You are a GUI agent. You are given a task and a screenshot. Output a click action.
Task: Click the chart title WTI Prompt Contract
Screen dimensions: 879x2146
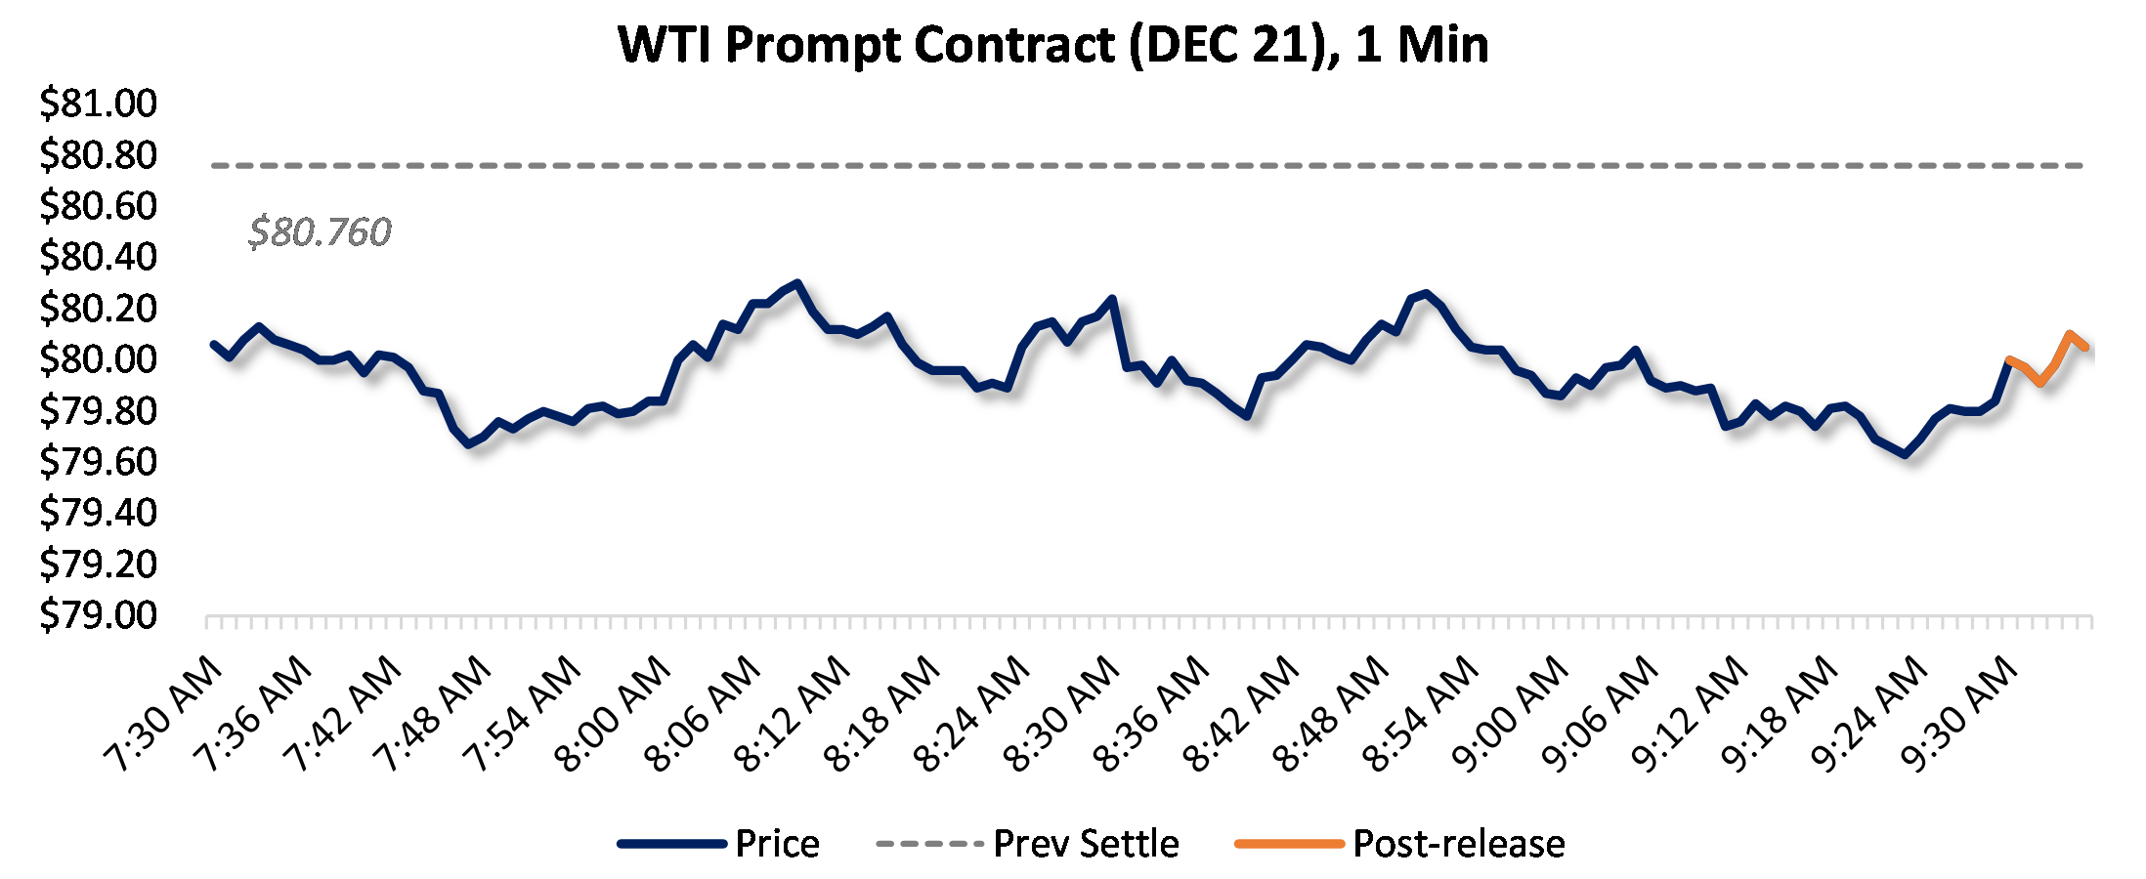(x=1052, y=45)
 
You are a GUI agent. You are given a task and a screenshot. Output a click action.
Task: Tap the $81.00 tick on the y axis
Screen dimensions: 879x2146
(x=98, y=104)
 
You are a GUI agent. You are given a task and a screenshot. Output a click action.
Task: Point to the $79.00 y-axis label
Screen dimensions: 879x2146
(x=98, y=615)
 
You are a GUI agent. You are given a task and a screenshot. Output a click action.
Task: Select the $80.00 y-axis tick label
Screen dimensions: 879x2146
(x=98, y=359)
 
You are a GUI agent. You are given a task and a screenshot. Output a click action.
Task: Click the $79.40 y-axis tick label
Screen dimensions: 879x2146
(x=98, y=513)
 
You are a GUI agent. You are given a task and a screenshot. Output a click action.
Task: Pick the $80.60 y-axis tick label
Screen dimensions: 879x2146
(x=98, y=206)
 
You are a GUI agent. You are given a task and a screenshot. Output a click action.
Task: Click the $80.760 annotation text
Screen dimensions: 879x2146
(x=320, y=232)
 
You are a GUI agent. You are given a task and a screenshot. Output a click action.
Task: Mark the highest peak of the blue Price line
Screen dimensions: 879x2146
(x=798, y=283)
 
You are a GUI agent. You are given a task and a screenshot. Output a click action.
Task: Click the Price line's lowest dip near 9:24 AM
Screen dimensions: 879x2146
(x=1906, y=454)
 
